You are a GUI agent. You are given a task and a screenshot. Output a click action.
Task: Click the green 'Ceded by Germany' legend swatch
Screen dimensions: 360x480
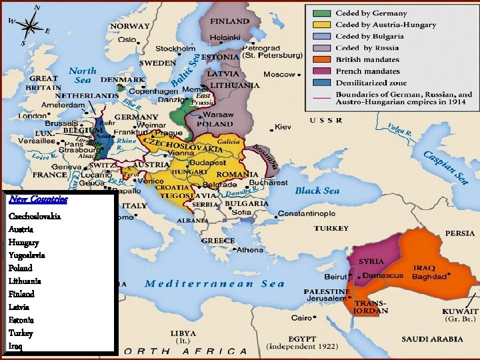(321, 13)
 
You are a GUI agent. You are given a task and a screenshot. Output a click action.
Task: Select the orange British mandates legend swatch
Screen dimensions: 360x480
(321, 59)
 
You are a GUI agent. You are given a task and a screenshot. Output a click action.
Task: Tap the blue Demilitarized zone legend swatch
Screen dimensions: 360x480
(321, 83)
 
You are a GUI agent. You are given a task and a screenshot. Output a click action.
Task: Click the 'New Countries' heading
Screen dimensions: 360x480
(38, 199)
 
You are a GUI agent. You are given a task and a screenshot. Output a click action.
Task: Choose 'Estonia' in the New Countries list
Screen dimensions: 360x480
(21, 320)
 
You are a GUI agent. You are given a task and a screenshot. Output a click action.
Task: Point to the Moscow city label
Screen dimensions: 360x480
(279, 74)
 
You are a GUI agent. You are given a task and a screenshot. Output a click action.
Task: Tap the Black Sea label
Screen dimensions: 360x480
(317, 191)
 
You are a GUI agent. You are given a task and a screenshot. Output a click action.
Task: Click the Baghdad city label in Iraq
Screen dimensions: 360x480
(429, 276)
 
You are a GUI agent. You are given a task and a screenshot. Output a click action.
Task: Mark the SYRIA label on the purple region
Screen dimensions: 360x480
(371, 261)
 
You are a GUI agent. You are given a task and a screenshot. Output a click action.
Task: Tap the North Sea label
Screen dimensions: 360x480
(82, 75)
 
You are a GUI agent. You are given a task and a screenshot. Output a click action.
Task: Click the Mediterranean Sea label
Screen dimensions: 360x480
(215, 283)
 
